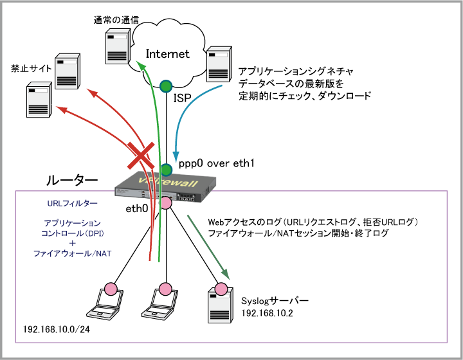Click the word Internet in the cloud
coord(168,54)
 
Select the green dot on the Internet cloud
coord(166,85)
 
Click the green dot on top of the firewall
coord(166,170)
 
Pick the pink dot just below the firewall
coord(166,203)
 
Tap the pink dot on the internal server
coord(221,289)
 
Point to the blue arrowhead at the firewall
coord(176,157)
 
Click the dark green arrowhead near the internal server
coord(226,274)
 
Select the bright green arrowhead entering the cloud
coord(141,65)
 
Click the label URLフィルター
coord(72,204)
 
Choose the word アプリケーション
coord(72,222)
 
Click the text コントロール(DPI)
coord(72,233)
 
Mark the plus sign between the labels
coord(72,243)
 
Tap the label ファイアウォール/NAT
coord(72,254)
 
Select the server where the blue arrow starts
coord(219,64)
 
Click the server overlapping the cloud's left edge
coord(118,46)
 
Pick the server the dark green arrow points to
coord(220,305)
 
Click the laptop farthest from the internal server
coord(105,303)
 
